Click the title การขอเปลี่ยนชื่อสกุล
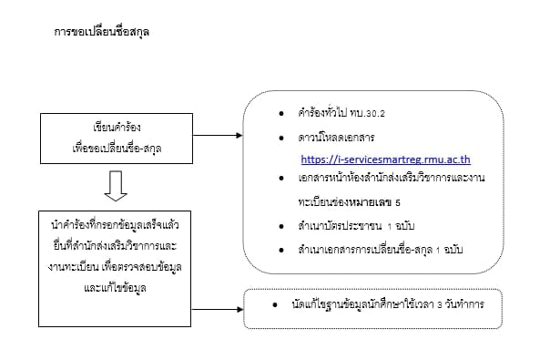102,32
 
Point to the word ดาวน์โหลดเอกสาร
335,138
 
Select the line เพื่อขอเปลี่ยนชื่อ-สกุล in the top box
115,147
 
